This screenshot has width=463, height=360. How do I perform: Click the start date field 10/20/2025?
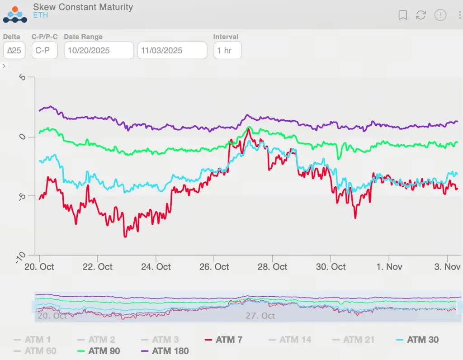tap(99, 50)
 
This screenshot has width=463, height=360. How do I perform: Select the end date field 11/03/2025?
tap(172, 50)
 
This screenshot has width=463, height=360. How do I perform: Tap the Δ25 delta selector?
tap(14, 50)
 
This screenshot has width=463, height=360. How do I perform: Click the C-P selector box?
tap(44, 50)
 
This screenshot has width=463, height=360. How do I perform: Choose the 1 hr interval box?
tap(227, 50)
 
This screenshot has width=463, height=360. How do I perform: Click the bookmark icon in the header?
tap(402, 15)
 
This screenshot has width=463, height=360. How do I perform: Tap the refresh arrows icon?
tap(421, 15)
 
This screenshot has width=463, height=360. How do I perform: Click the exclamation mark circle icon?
tap(440, 15)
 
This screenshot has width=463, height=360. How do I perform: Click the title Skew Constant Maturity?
tap(83, 7)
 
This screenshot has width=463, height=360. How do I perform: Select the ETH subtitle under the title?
tap(40, 16)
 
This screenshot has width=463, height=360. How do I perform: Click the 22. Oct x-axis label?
tap(99, 267)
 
